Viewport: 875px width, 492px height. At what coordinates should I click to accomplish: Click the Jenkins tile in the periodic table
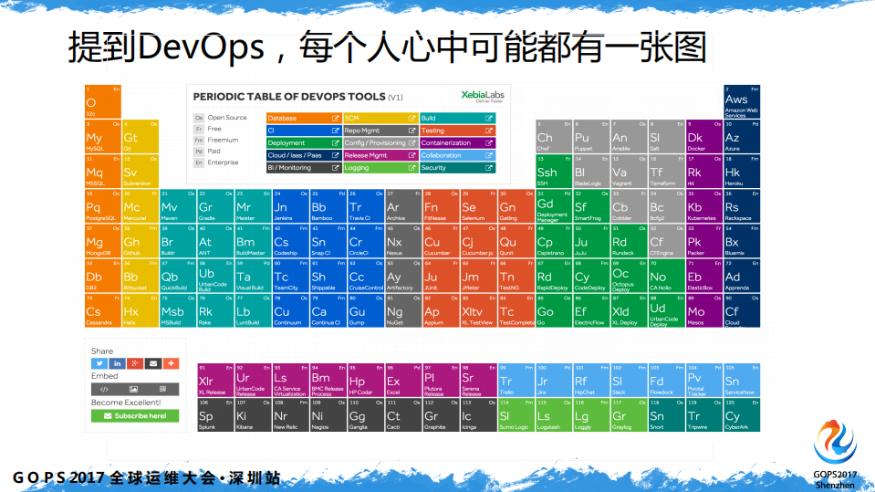290,207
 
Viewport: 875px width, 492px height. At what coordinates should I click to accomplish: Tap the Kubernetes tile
700,207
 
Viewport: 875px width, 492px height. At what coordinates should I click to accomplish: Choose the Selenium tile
475,207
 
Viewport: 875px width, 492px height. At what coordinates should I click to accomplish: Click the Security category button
457,168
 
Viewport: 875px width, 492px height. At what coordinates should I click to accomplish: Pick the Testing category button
457,131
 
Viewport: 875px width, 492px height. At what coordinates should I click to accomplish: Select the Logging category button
380,168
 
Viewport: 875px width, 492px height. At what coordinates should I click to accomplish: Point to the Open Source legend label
227,118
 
